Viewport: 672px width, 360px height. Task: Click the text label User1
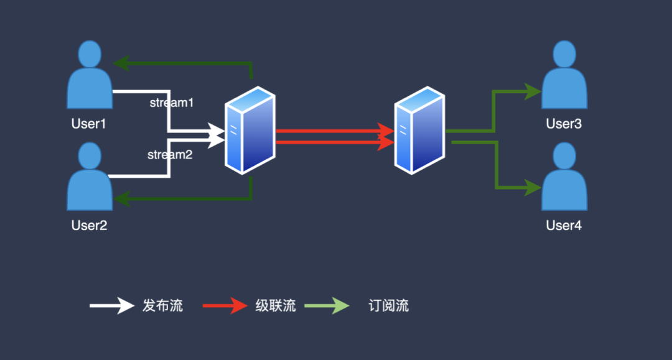point(88,124)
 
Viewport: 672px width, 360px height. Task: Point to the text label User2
point(89,225)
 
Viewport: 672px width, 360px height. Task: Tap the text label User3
point(564,124)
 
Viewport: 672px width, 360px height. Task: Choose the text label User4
point(564,225)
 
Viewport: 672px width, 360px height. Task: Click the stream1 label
point(172,103)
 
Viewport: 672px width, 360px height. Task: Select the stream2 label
point(170,155)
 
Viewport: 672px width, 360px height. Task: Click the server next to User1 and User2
point(250,130)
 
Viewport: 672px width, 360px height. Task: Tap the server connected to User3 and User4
point(419,130)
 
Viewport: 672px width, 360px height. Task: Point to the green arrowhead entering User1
point(121,63)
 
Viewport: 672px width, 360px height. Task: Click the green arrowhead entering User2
point(121,198)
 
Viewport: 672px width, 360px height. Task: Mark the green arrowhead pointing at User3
point(533,91)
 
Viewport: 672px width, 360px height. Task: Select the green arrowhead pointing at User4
point(533,188)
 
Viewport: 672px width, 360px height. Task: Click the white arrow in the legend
point(112,306)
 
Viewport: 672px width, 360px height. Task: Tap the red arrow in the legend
point(225,306)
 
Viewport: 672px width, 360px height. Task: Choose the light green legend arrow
point(327,306)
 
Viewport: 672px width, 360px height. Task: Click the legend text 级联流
point(276,306)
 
